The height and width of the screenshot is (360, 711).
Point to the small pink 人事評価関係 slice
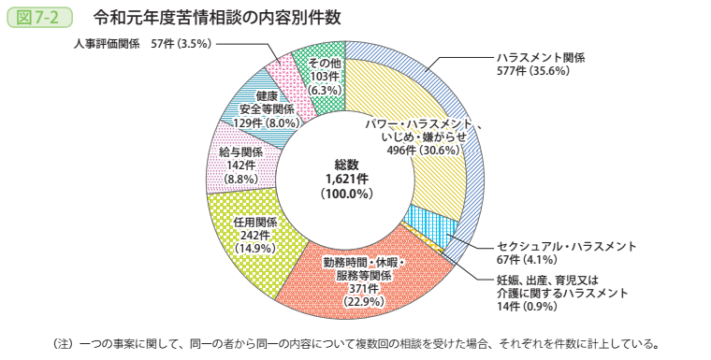coord(279,70)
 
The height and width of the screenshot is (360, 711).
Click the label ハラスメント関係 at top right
coord(542,57)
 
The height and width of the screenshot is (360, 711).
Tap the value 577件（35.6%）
coord(534,71)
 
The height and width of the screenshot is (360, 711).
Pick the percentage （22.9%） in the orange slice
coord(348,301)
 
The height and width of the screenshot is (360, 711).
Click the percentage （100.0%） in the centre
coord(347,194)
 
